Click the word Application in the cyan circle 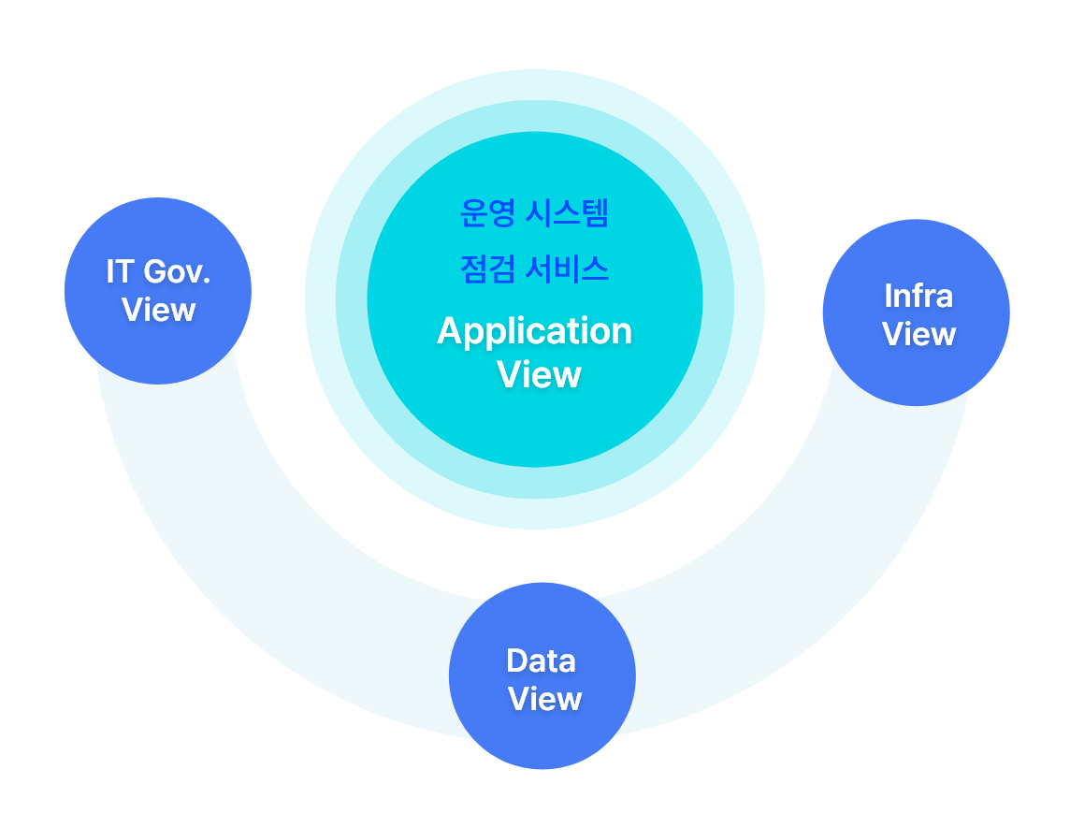pos(534,331)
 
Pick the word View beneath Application pos(539,374)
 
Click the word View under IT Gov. pos(158,310)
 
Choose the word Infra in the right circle pos(918,296)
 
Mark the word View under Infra pos(918,334)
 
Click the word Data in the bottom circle pos(541,661)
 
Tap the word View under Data pos(544,699)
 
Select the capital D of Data pos(516,661)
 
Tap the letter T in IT pos(124,271)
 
